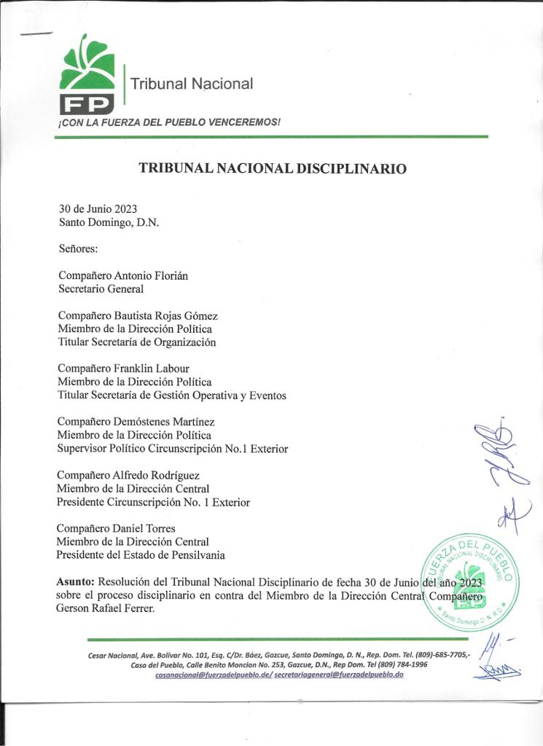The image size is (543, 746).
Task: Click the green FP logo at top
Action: tap(87, 75)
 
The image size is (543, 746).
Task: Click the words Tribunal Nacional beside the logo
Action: tap(192, 84)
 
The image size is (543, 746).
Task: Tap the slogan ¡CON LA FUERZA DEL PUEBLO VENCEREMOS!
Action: tap(169, 122)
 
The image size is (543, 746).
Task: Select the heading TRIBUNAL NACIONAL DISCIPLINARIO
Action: tap(273, 168)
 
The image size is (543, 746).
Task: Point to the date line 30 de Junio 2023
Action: tap(98, 209)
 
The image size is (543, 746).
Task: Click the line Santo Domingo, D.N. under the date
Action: tap(108, 223)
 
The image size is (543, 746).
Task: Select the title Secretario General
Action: tap(101, 288)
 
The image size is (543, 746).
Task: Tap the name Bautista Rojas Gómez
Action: tap(166, 315)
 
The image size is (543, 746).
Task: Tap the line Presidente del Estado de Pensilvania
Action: tap(141, 555)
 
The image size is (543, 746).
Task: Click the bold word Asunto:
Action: tap(76, 582)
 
